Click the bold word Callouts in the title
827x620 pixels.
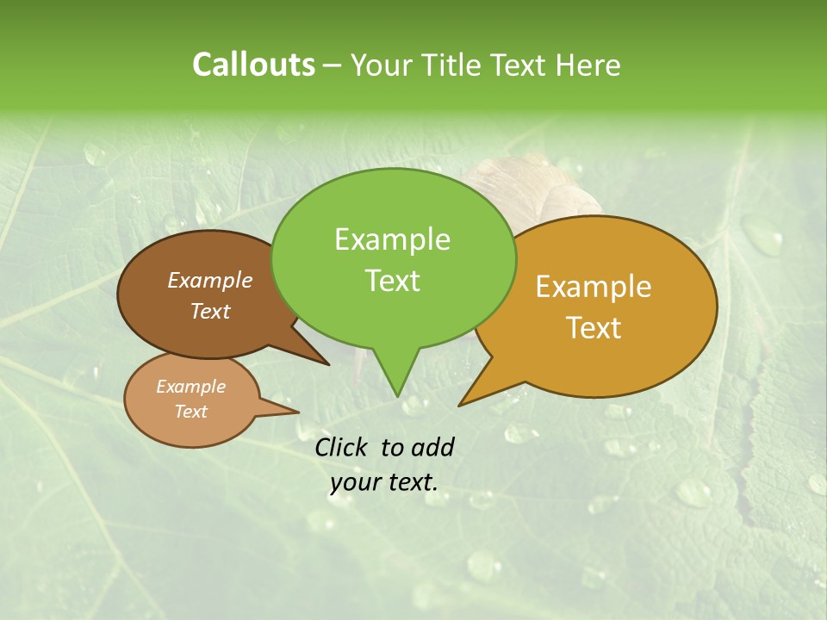[x=253, y=65]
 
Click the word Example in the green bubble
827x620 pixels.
[x=392, y=239]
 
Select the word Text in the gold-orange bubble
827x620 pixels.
[x=594, y=328]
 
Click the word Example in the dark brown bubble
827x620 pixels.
[x=210, y=281]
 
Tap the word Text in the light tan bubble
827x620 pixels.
[x=191, y=412]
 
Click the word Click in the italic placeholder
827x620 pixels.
[x=341, y=447]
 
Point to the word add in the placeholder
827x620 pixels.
[x=432, y=447]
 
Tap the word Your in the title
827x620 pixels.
[x=382, y=65]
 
